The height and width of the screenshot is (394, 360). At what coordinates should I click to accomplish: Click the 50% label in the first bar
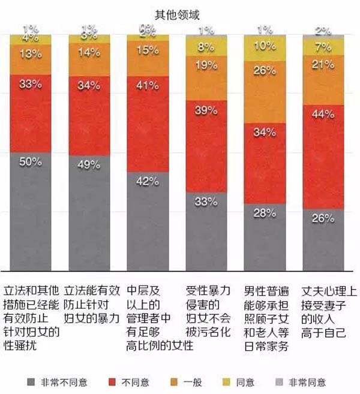tap(30, 161)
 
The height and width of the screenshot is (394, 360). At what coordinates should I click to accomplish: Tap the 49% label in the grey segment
tap(89, 165)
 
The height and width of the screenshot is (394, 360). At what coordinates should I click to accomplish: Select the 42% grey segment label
tap(148, 181)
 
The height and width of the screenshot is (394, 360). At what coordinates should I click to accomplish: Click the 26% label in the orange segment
tap(265, 71)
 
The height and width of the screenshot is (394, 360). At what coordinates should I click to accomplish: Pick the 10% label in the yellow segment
tap(265, 46)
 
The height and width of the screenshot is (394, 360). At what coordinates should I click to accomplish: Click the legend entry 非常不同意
tap(55, 381)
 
